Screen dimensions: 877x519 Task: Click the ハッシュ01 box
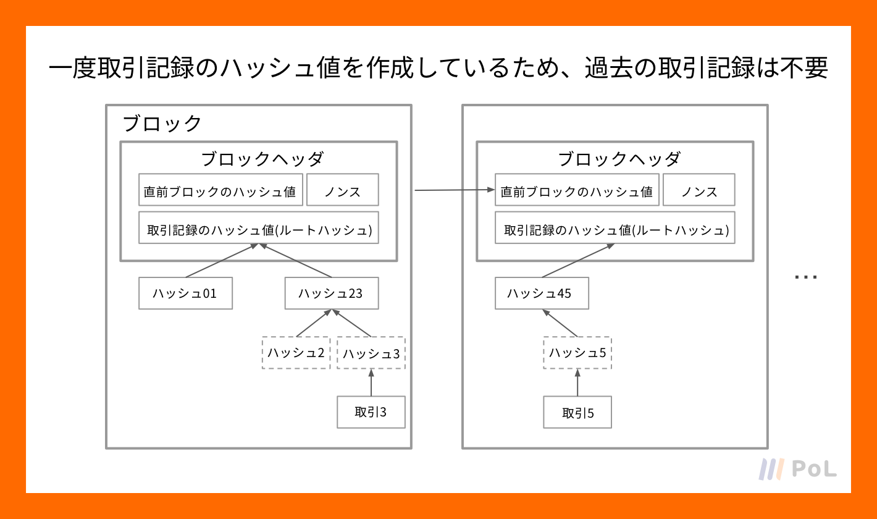(185, 293)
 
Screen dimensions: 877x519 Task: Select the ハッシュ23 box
(332, 293)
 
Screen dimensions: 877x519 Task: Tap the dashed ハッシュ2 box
(296, 353)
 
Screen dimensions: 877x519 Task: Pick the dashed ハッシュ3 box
(371, 353)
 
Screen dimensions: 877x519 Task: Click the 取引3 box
(371, 412)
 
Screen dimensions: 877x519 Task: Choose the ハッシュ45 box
(542, 293)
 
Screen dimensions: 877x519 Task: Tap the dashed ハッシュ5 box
(577, 353)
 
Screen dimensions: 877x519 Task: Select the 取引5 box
(577, 412)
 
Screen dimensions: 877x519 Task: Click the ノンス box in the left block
(343, 190)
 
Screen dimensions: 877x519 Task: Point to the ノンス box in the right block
(699, 190)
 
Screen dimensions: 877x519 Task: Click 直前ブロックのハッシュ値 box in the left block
(221, 190)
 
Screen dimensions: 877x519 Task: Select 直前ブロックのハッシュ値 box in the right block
(577, 190)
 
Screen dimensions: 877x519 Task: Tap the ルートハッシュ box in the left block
(259, 227)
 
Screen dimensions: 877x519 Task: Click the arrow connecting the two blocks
(455, 190)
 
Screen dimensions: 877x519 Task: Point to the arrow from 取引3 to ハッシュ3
(371, 382)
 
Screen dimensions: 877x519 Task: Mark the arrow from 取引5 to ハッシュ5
(577, 382)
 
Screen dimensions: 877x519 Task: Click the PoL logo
(797, 469)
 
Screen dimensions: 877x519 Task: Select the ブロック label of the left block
(162, 124)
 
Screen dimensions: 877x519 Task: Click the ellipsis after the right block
(806, 277)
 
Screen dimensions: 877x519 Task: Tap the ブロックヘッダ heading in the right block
(619, 159)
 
